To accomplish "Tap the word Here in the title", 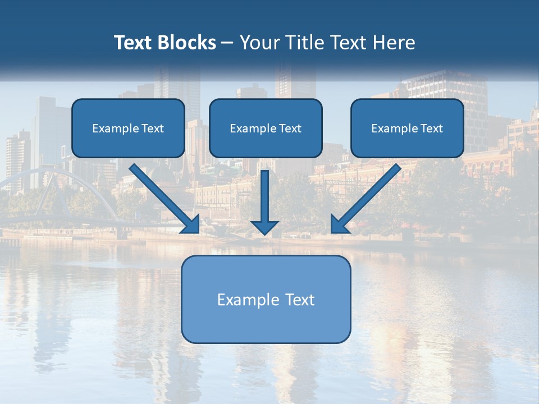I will click(x=395, y=43).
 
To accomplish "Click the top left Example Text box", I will click(x=128, y=128).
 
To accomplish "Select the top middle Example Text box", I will click(x=266, y=128).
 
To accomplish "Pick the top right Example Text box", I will click(x=407, y=128).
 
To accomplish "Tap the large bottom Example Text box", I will click(x=266, y=299).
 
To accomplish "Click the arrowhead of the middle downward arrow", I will click(x=264, y=227).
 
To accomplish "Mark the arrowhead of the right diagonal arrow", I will click(x=338, y=226).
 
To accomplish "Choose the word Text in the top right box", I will click(x=432, y=128).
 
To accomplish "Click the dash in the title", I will click(x=227, y=43).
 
